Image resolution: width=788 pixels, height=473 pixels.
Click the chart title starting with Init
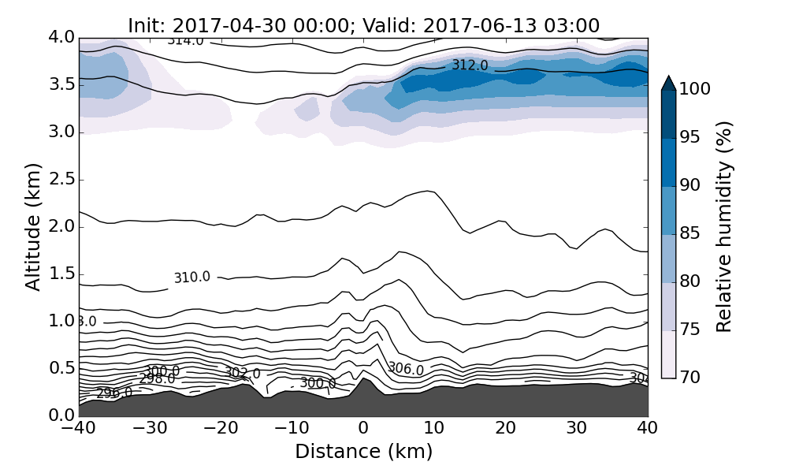pyautogui.click(x=363, y=25)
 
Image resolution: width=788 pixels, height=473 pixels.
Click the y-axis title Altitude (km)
pyautogui.click(x=33, y=227)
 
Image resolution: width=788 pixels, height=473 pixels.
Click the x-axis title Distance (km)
pyautogui.click(x=363, y=452)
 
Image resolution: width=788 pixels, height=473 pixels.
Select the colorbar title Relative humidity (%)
pyautogui.click(x=725, y=227)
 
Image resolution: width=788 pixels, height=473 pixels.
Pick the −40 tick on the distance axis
pyautogui.click(x=79, y=429)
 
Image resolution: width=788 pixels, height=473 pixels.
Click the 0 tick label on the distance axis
pyautogui.click(x=363, y=429)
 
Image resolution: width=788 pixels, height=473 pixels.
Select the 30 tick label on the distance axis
pyautogui.click(x=577, y=429)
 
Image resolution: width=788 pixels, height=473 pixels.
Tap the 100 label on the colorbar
pyautogui.click(x=695, y=90)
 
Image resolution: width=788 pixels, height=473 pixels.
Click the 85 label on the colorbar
pyautogui.click(x=690, y=234)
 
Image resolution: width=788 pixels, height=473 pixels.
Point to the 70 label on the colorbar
pyautogui.click(x=690, y=378)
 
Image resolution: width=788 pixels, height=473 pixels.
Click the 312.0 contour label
pyautogui.click(x=470, y=65)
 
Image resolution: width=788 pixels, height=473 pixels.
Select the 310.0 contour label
pyautogui.click(x=192, y=277)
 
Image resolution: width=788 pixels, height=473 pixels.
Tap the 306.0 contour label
pyautogui.click(x=406, y=369)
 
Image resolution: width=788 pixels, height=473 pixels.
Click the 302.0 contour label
pyautogui.click(x=243, y=373)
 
